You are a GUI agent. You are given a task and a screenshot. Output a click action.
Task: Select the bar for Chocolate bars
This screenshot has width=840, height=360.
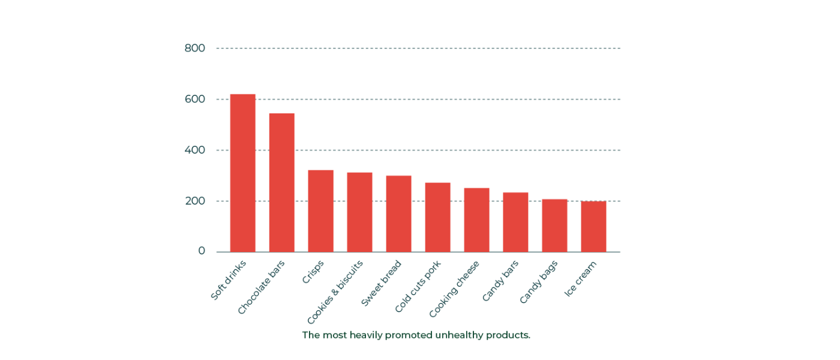pos(281,182)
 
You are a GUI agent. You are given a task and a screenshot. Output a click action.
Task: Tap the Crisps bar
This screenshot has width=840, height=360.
pos(320,211)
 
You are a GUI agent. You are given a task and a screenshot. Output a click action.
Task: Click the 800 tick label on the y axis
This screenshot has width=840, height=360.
pos(194,48)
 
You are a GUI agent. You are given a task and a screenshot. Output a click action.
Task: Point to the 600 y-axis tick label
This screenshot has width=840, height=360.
pos(194,99)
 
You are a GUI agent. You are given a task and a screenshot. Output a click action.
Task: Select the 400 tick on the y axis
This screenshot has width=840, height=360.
pos(194,150)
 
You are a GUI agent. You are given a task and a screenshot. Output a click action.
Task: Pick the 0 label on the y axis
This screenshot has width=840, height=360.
pos(202,251)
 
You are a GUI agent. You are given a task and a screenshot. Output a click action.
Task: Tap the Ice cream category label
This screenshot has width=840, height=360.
pos(580,278)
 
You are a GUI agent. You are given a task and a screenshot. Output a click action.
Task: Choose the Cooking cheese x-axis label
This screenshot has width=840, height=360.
pos(454,289)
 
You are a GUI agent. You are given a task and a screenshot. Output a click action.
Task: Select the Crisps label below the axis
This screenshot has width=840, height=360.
pos(313,272)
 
